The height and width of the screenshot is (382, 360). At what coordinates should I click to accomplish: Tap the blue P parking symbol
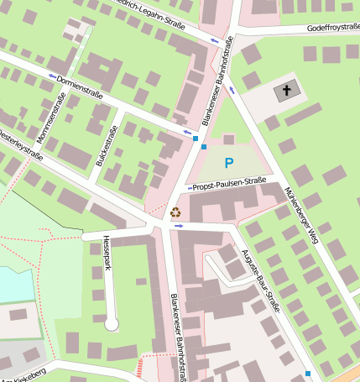229,161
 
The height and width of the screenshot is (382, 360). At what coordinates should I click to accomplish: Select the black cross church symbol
287,90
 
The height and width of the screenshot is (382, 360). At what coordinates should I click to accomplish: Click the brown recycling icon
175,213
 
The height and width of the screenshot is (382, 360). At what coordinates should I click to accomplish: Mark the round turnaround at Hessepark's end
112,323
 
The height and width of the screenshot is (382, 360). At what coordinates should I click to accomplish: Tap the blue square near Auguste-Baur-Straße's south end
308,373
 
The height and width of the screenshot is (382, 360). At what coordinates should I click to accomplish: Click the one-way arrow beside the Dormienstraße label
54,76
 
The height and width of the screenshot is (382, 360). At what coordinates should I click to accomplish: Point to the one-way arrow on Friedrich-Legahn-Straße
214,39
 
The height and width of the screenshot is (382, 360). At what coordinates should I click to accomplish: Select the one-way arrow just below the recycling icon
178,225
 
